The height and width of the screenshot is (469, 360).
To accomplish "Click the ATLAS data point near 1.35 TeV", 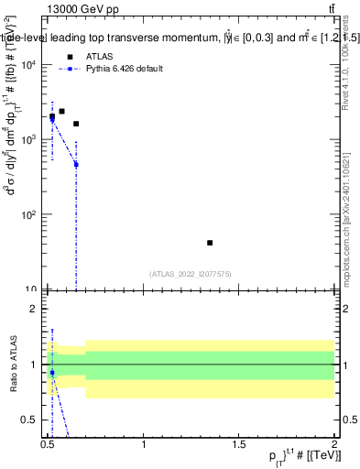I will click(x=210, y=243).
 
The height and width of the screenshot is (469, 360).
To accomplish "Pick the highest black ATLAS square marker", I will click(x=61, y=111).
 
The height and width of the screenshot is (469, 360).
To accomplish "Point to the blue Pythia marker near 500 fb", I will click(x=76, y=165).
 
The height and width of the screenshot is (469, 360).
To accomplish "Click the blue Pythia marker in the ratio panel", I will click(x=52, y=373).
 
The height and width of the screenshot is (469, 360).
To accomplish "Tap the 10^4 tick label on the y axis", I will click(x=29, y=65).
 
